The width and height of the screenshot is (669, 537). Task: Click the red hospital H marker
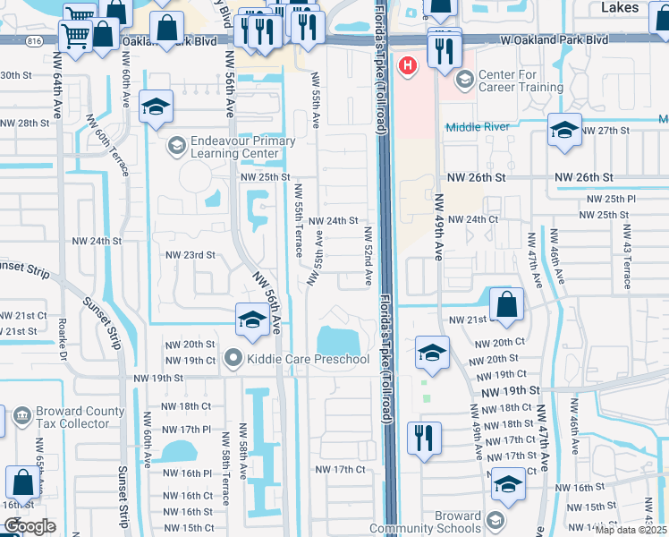click(409, 65)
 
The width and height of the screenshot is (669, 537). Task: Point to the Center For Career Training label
click(521, 81)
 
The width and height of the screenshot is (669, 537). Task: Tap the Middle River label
click(478, 127)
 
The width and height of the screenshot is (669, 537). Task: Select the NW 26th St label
click(582, 178)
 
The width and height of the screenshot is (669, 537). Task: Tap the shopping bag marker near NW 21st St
click(507, 303)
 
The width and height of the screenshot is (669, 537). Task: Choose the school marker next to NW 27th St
click(564, 130)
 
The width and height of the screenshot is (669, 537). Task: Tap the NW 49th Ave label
click(439, 228)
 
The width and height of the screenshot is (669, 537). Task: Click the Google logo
click(29, 526)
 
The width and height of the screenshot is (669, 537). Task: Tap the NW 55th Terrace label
click(299, 220)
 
